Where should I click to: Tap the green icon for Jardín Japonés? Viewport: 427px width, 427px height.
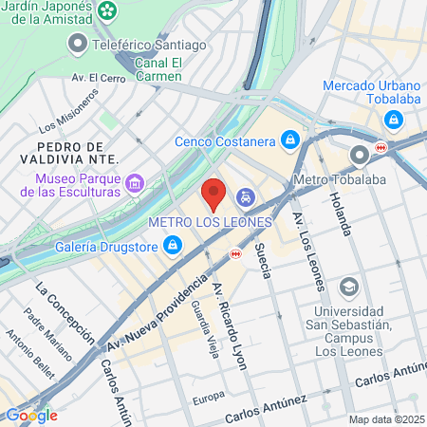110,11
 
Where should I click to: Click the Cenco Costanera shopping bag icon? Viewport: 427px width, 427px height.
290,141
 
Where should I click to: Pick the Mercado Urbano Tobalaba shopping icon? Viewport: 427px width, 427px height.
393,120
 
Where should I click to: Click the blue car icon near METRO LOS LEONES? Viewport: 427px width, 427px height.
245,197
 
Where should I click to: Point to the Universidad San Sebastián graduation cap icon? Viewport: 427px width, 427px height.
348,287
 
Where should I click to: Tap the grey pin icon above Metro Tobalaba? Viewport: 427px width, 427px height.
359,156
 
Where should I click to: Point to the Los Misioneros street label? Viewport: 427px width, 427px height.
68,111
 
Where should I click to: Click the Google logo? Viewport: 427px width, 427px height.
30,415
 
